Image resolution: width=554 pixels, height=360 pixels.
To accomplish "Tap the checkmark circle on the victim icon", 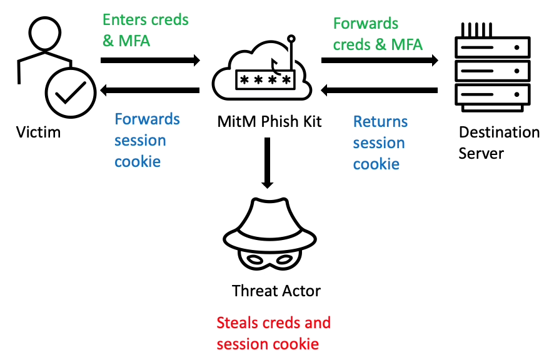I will tap(69, 94).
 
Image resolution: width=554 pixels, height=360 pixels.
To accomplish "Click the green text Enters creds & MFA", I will tap(145, 29).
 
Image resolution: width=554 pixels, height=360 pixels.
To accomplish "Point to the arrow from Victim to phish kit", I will tap(150, 61).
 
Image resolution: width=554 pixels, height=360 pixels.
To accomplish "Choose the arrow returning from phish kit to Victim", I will tap(150, 91).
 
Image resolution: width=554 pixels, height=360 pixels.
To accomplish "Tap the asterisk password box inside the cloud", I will tap(263, 79).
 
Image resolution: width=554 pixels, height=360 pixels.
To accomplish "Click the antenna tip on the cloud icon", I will tap(291, 38).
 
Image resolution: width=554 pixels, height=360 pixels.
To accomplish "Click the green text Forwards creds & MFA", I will tap(378, 34).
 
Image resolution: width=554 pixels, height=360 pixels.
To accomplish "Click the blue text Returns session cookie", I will tap(379, 142).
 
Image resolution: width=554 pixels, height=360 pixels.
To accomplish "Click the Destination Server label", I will tap(498, 142).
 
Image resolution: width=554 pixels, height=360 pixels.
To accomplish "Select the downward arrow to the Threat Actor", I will tap(268, 162).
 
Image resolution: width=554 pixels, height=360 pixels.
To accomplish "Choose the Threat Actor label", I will tap(276, 291).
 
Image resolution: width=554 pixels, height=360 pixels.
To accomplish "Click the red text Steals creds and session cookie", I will tap(273, 333).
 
